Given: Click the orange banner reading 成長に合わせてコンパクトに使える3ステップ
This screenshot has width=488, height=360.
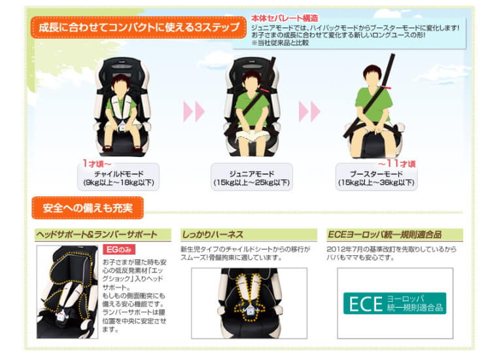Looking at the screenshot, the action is [x=139, y=27].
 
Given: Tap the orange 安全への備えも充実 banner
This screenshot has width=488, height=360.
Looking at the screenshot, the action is [x=88, y=207].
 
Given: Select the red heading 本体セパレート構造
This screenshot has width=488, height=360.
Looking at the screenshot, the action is [x=285, y=18].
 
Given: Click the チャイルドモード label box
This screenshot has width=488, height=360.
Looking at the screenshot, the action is [x=118, y=177].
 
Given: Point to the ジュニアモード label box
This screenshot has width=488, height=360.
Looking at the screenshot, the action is [x=251, y=177].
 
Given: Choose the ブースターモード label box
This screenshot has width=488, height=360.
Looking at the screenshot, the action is [x=376, y=177].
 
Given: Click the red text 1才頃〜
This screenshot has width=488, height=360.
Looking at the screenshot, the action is [x=96, y=163].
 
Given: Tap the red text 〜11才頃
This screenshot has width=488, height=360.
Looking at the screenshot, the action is [x=397, y=163].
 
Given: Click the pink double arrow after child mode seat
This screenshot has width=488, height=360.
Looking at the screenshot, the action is [x=194, y=111].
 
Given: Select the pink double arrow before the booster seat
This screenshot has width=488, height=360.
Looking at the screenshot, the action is [x=309, y=111].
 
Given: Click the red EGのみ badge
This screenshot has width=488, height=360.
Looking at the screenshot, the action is [x=119, y=249].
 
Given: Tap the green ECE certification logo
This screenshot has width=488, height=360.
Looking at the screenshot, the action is [x=394, y=303].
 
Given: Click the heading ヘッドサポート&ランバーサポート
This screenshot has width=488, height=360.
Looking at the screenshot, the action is [x=96, y=234].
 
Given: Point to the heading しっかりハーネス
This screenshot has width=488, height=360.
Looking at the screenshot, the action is [x=213, y=234].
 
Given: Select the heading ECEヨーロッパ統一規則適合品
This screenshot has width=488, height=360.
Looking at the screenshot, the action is [x=385, y=234].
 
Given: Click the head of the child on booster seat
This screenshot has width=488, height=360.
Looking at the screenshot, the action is [x=372, y=77].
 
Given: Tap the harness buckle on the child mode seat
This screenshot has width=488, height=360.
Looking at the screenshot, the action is [x=122, y=127].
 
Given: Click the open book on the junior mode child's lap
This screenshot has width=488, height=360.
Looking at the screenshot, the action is [x=253, y=135].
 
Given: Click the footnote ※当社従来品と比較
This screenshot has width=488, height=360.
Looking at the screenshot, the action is [x=280, y=43].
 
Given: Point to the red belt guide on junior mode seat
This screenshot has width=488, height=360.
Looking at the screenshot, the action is [x=266, y=90].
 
